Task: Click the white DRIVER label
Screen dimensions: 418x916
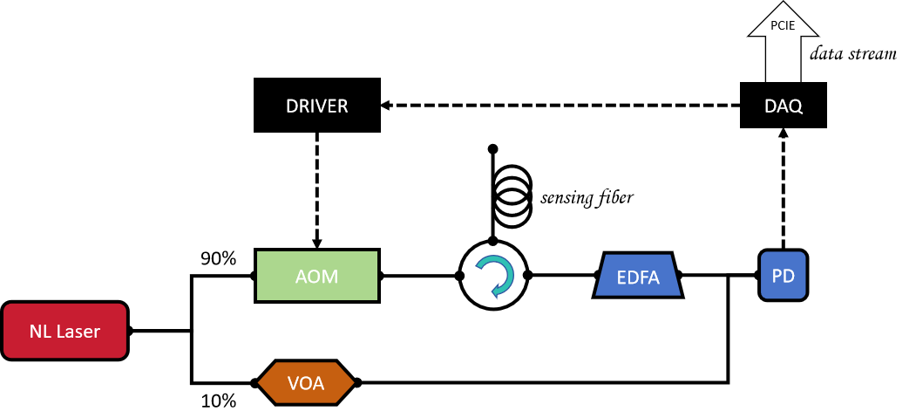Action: [317, 106]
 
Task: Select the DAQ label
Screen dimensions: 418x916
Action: [784, 106]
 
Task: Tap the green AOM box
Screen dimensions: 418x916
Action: [317, 276]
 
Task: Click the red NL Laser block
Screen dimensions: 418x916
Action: [65, 331]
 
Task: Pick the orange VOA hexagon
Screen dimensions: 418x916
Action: [306, 382]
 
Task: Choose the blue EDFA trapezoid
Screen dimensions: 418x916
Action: [638, 276]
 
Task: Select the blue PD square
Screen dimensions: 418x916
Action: [783, 275]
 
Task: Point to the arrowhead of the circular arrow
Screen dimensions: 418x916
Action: [495, 291]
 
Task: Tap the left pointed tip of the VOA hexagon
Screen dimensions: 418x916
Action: [260, 382]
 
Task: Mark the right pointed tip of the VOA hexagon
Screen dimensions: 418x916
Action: [353, 382]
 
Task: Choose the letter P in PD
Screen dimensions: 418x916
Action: [777, 276]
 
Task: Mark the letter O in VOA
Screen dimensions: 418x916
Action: [306, 382]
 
